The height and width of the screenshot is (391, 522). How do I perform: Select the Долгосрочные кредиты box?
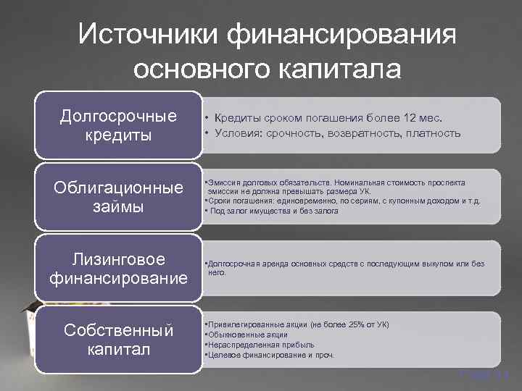(118, 125)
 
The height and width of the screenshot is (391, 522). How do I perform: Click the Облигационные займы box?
(118, 197)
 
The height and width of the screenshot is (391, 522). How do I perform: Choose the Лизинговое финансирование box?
(118, 268)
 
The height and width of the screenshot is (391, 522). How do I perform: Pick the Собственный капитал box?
(118, 340)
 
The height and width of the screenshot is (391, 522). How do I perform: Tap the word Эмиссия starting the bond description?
(224, 182)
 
